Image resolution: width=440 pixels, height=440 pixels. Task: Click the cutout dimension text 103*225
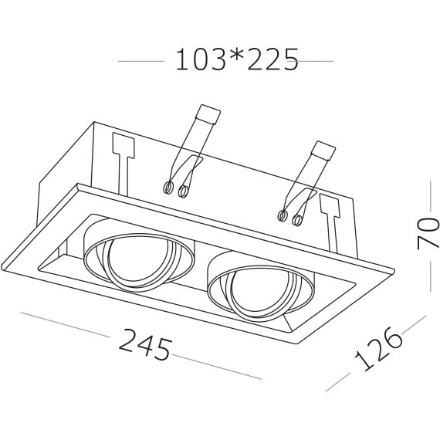pos(236,59)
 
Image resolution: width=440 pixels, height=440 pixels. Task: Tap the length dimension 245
pos(145,344)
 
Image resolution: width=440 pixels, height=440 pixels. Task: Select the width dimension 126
pos(378,349)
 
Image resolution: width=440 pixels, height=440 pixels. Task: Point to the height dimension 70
pos(428,233)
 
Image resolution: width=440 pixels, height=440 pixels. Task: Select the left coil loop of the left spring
pos(168,188)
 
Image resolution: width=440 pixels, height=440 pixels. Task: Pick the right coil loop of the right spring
pos(297,220)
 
